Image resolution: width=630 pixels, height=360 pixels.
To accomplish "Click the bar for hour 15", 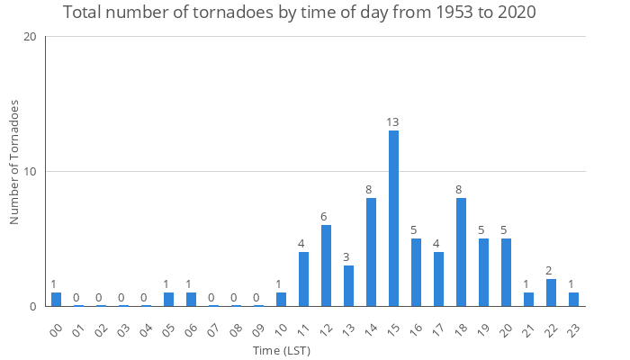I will (x=393, y=219).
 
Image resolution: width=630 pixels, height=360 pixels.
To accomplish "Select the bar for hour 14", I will (x=371, y=252).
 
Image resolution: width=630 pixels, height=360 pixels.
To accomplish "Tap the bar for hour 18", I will (x=461, y=252).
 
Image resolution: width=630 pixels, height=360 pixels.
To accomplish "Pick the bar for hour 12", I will (x=326, y=265).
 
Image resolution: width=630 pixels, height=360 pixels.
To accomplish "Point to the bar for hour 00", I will (x=56, y=300).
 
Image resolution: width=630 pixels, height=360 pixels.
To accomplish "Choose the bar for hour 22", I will (x=551, y=292).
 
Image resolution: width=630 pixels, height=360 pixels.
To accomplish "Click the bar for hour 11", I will (x=303, y=279).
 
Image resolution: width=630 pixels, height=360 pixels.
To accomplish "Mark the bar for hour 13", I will (x=348, y=286).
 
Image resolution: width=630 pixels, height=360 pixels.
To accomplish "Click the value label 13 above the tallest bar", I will (x=393, y=121).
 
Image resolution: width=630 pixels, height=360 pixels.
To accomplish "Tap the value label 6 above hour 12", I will (x=326, y=216).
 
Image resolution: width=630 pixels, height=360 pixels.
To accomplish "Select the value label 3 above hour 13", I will (x=348, y=256).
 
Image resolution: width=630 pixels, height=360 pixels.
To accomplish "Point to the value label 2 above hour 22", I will (x=551, y=270).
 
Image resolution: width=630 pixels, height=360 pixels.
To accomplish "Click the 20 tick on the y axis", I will (x=31, y=37).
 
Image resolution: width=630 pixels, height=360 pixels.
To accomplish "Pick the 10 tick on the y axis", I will (x=31, y=172).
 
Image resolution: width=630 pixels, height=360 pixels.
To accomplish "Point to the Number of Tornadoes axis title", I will (x=14, y=163).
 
